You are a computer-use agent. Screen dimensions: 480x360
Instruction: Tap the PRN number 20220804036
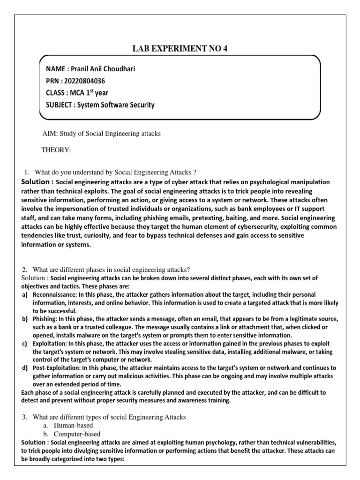[91, 81]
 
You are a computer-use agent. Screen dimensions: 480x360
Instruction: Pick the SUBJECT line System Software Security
[100, 105]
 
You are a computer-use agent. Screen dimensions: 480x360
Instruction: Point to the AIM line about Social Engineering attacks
[102, 134]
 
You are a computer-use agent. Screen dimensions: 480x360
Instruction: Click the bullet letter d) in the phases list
[24, 367]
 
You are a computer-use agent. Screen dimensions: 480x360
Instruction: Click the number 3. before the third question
[25, 417]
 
